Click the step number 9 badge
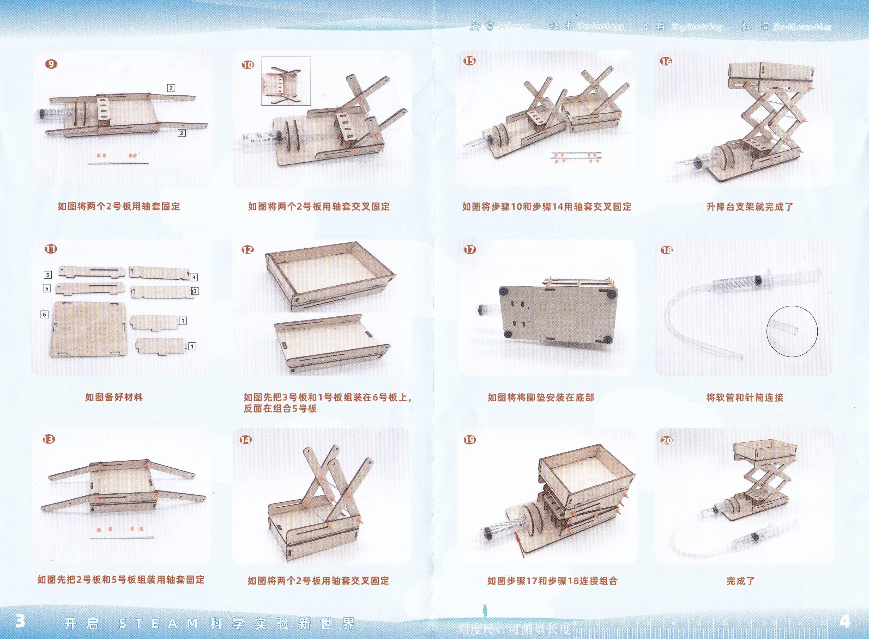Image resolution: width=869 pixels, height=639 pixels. tap(51, 64)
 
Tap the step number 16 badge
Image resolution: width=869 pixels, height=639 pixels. tap(666, 61)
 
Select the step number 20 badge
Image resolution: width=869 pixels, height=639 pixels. tap(667, 440)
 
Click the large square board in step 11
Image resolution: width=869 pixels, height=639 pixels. tap(89, 329)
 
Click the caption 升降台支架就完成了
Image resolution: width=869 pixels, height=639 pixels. tap(750, 207)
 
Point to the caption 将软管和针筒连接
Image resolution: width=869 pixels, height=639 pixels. tap(745, 397)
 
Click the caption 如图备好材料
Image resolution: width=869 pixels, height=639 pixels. tap(114, 397)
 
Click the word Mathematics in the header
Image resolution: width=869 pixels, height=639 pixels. tap(802, 27)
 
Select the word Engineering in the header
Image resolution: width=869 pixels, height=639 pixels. tap(697, 27)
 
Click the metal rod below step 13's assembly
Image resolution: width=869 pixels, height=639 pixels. tap(122, 537)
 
